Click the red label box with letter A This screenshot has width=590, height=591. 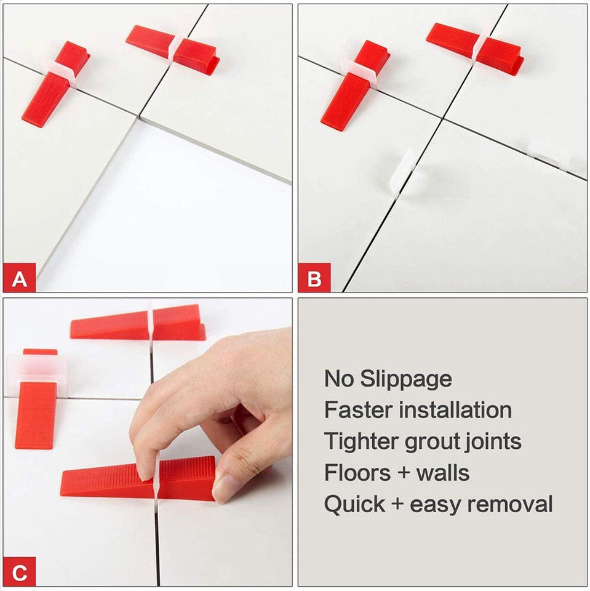point(20,279)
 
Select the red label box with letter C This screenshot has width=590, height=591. point(20,573)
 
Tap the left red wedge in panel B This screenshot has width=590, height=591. point(351,89)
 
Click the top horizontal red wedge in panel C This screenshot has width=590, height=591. point(138,323)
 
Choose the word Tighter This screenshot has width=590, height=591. point(361,441)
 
